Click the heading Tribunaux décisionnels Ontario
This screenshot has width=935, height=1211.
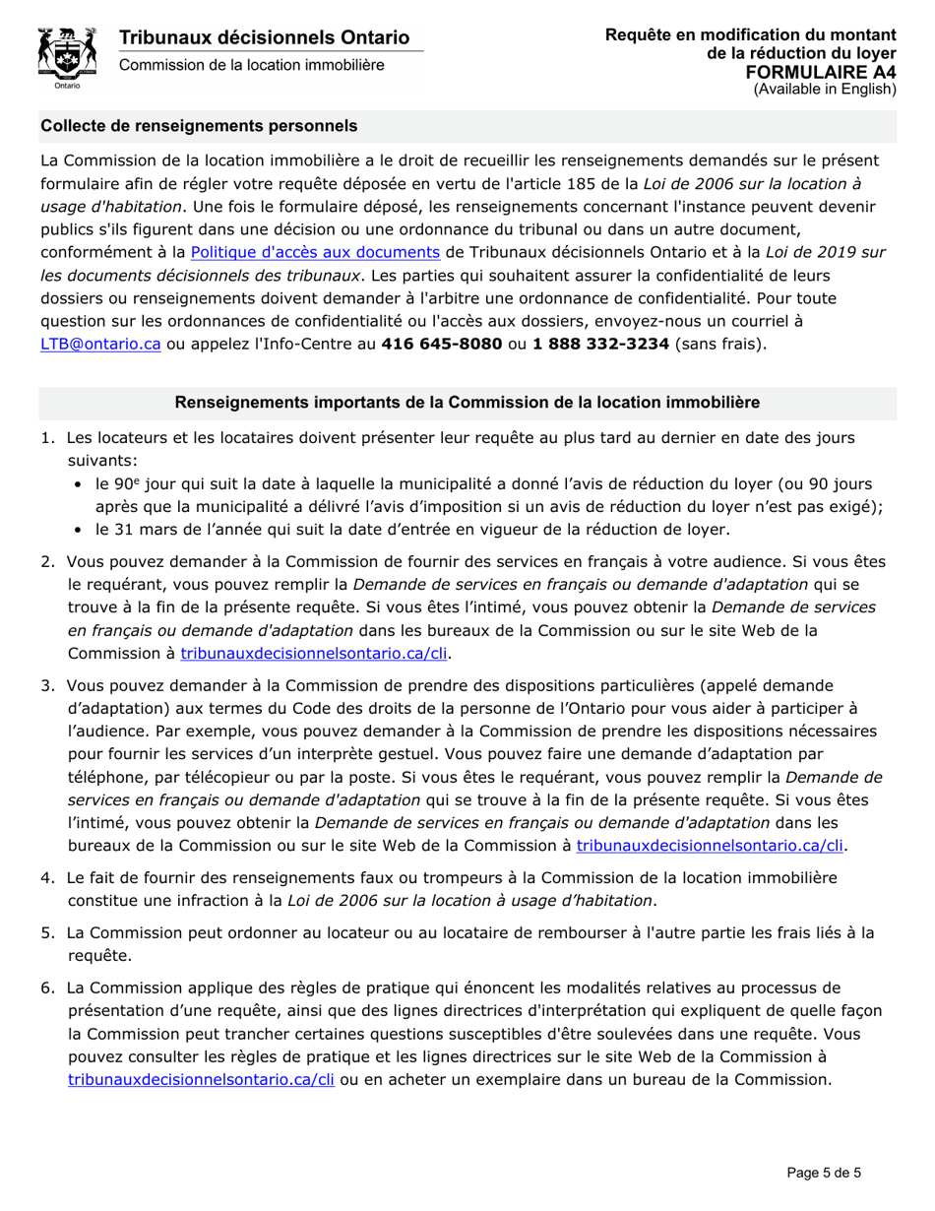point(264,38)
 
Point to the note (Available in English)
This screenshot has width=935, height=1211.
point(825,89)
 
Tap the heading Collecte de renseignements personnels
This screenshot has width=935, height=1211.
point(199,126)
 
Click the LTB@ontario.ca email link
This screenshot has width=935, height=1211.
point(100,344)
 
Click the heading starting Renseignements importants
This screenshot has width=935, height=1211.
point(467,403)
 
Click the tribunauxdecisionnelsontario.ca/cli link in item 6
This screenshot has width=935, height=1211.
point(202,1078)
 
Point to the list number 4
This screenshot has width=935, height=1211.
point(47,876)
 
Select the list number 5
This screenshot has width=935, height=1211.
point(47,932)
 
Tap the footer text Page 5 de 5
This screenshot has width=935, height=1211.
point(824,1172)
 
